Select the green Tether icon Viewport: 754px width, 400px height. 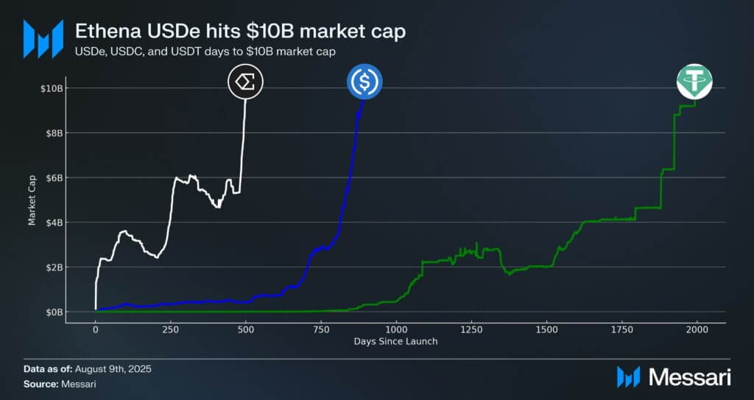(695, 82)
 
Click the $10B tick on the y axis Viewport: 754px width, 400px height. (53, 88)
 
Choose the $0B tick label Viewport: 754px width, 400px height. (55, 312)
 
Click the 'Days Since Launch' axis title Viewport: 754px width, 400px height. (396, 341)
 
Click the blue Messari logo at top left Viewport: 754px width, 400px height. (43, 38)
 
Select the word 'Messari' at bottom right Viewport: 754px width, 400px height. (689, 377)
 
